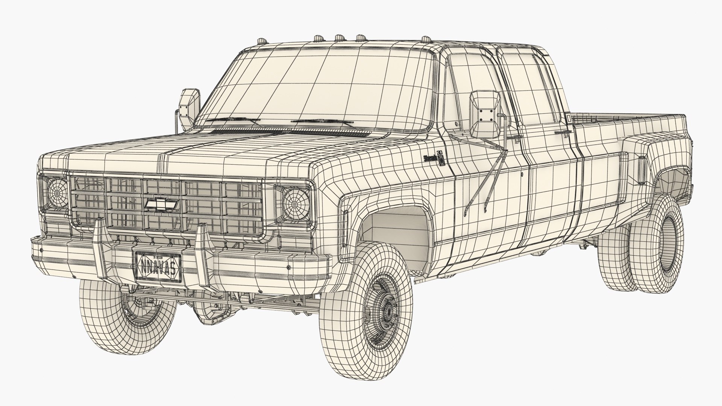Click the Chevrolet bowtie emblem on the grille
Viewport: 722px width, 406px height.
pyautogui.click(x=161, y=204)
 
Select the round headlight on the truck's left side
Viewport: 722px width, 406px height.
pyautogui.click(x=57, y=192)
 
